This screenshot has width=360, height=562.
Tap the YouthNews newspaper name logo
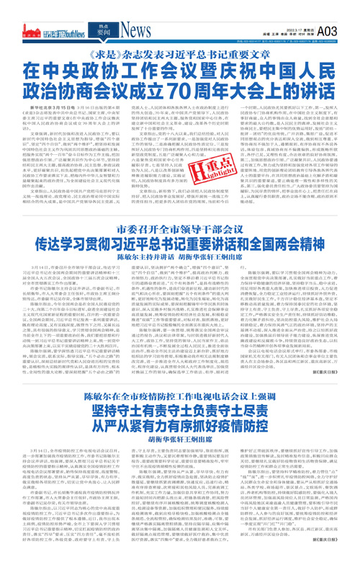pos(68,31)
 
